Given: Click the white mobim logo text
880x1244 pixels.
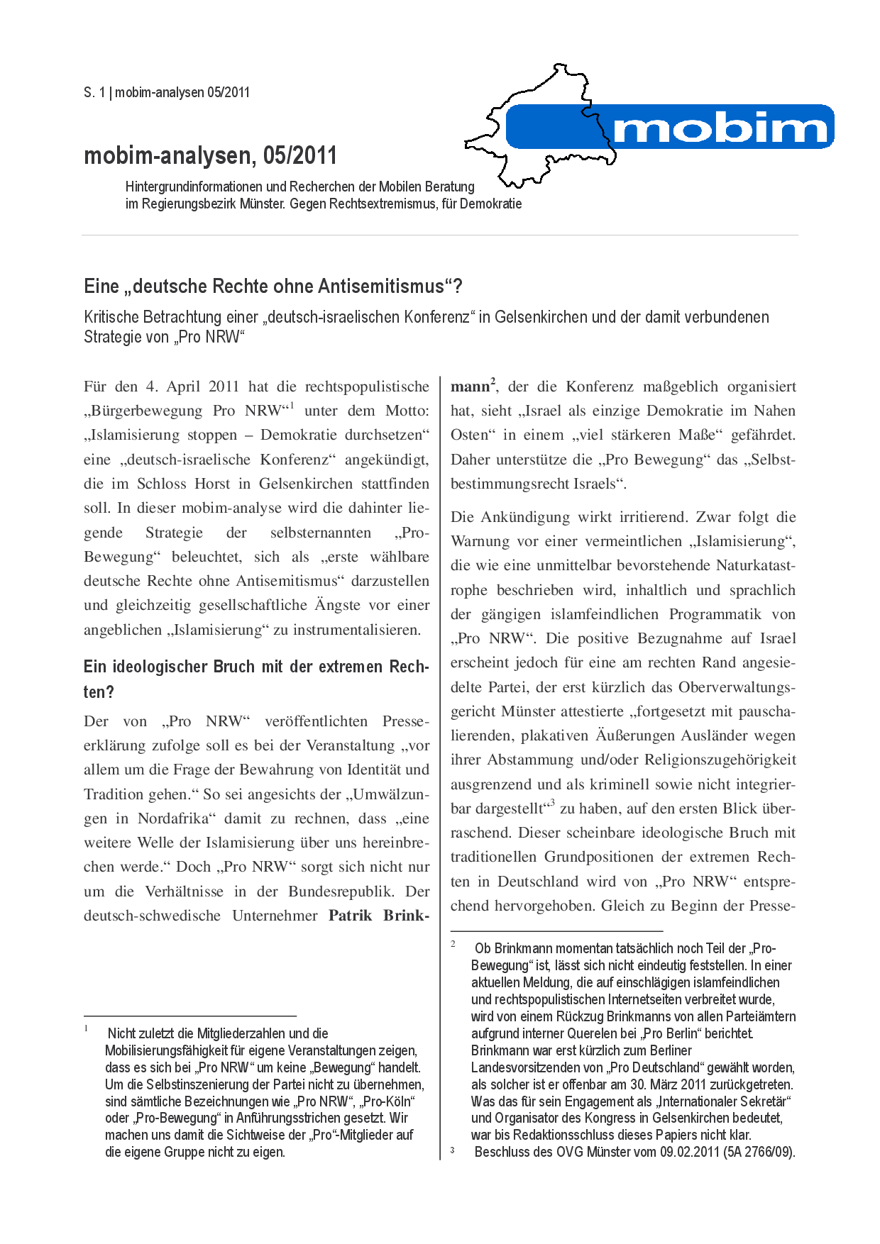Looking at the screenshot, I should pyautogui.click(x=720, y=128).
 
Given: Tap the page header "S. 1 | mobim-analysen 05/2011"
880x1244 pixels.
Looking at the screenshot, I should pyautogui.click(x=167, y=92).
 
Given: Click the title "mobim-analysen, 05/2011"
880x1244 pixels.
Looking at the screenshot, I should pyautogui.click(x=210, y=155).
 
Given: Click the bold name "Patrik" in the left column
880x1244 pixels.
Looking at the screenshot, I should pyautogui.click(x=351, y=916).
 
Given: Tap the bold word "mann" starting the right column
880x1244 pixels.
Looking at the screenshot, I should pyautogui.click(x=470, y=387).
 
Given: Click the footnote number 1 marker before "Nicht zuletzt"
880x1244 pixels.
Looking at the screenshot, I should pyautogui.click(x=87, y=1028).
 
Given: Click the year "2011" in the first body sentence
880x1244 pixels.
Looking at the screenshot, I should pyautogui.click(x=224, y=387).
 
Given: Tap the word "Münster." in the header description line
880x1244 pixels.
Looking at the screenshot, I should pyautogui.click(x=264, y=204).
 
